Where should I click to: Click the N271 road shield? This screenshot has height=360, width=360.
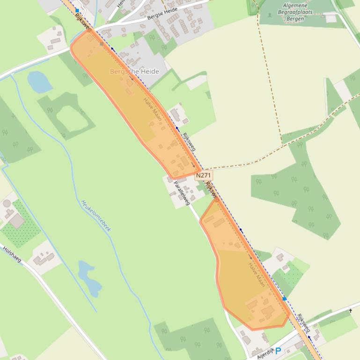click(203, 175)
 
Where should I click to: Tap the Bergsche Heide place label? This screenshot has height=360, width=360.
click(134, 72)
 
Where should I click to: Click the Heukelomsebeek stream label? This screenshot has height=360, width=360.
click(96, 216)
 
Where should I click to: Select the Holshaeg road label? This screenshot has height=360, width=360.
click(12, 254)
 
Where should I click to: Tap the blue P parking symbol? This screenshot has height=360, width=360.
click(278, 351)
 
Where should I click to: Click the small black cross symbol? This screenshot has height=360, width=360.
click(351, 310)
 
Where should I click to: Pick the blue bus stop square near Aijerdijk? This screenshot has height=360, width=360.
click(285, 298)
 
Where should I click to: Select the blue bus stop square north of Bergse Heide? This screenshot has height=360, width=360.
click(77, 10)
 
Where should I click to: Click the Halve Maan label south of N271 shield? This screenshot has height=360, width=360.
click(257, 275)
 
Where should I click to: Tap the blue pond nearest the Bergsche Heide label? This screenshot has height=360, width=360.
click(39, 82)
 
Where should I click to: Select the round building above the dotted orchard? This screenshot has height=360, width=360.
click(7, 203)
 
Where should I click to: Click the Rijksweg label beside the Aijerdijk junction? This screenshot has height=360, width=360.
click(303, 323)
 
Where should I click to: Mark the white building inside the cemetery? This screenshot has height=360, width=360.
click(331, 18)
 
